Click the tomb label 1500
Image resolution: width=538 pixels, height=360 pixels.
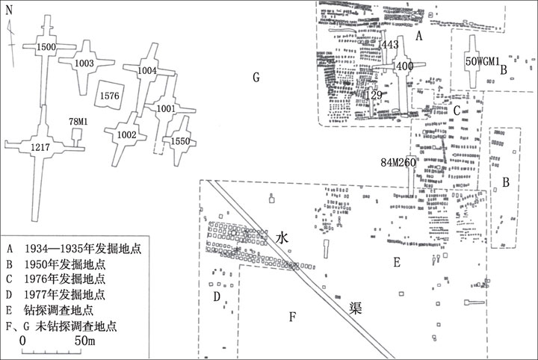[x=46, y=47]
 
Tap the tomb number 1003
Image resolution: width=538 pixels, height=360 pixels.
[x=84, y=63]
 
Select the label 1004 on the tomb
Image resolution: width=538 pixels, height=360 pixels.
[x=147, y=71]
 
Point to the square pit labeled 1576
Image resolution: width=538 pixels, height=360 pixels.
[x=109, y=96]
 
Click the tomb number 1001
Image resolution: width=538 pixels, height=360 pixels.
[x=166, y=109]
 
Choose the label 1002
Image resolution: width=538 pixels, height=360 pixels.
[x=126, y=134]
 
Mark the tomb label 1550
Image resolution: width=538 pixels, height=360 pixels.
[x=181, y=141]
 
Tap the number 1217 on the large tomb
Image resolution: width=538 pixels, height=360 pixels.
[x=40, y=147]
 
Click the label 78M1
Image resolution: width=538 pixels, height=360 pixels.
[x=78, y=122]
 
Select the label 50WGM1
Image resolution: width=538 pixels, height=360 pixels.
[x=482, y=61]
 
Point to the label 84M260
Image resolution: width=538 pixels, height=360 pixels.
[x=398, y=163]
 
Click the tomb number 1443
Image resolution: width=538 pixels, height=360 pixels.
[x=389, y=45]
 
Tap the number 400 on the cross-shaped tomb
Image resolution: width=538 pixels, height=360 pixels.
[x=405, y=66]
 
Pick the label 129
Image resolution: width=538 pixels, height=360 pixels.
[x=374, y=95]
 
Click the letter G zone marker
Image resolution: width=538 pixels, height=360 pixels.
[x=256, y=78]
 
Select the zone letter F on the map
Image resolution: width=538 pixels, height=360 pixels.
[x=292, y=317]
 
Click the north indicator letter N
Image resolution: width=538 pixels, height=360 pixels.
[x=9, y=10]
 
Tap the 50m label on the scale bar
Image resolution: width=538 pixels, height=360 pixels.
[x=84, y=341]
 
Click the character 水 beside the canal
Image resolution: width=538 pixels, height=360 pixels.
[x=282, y=238]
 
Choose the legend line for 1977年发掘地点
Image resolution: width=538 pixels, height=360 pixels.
[x=55, y=295]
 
